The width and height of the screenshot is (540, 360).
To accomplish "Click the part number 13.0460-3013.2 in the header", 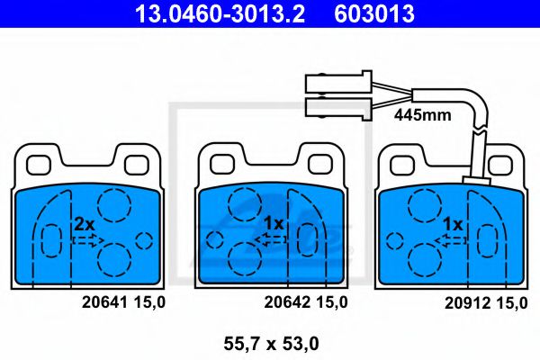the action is tap(220, 13).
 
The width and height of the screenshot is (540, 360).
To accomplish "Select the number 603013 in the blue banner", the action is tap(374, 13).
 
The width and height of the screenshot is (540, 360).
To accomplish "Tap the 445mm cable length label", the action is tap(423, 114).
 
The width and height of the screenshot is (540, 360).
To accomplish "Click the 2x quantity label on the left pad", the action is tap(85, 225).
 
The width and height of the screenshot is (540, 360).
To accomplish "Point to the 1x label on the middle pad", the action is tap(274, 224).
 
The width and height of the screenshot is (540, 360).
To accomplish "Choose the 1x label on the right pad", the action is tap(453, 225).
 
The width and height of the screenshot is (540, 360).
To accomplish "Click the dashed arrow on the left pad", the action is tap(88, 240).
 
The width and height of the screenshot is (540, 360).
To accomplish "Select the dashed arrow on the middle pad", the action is tap(270, 239).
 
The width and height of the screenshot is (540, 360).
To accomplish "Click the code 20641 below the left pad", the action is tap(104, 302).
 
